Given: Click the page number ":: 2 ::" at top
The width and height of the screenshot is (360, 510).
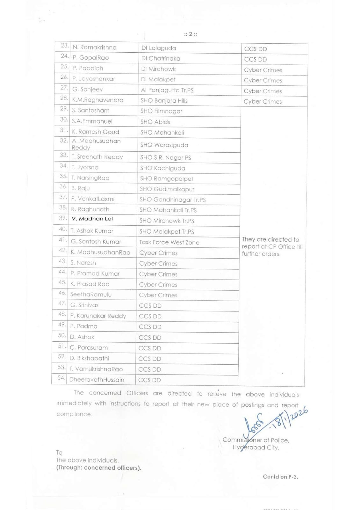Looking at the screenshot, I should (x=191, y=34).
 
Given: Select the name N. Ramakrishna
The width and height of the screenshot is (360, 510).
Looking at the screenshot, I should (x=95, y=47).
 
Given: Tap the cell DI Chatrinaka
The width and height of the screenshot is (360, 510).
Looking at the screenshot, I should (x=161, y=59).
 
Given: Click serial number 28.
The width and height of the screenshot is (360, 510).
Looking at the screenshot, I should (x=64, y=98).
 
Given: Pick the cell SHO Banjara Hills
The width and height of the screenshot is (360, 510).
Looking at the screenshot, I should (x=164, y=101).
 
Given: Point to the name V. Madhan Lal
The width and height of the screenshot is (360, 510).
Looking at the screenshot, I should (x=92, y=219).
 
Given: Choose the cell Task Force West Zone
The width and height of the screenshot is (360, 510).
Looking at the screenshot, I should (x=169, y=243).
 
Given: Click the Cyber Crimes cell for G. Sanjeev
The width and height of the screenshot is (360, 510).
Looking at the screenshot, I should (x=263, y=91).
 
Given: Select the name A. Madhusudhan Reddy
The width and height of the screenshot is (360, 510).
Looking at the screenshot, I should (x=96, y=144).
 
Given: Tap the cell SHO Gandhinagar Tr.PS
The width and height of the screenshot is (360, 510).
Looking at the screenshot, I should (x=172, y=200).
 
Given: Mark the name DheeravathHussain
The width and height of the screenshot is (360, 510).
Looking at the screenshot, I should (x=97, y=380).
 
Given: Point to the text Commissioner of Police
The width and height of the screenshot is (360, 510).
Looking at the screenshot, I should (x=256, y=440).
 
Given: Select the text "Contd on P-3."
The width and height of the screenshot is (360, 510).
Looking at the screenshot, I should (x=280, y=477).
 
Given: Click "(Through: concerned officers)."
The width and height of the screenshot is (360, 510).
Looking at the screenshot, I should (x=98, y=468).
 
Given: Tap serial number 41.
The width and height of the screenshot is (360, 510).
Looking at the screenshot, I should (x=63, y=240).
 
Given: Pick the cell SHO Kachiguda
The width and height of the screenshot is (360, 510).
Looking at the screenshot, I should (x=162, y=168).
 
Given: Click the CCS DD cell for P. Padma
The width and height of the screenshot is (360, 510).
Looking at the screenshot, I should (x=150, y=327).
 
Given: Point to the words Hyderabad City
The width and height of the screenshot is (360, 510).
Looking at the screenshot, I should (x=256, y=448).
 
